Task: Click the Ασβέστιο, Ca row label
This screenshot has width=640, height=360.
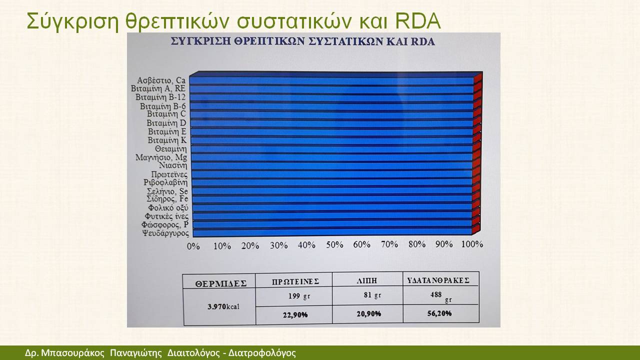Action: click(161, 80)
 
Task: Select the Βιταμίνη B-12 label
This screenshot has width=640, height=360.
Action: click(160, 97)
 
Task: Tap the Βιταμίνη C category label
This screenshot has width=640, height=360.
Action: click(166, 114)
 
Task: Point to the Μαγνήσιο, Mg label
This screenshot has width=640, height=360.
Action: click(161, 157)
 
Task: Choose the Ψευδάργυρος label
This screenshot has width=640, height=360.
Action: click(165, 233)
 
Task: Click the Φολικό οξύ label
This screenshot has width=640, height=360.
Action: click(168, 207)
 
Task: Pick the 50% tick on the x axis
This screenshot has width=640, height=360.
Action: click(334, 244)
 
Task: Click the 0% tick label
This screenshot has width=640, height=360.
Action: click(193, 246)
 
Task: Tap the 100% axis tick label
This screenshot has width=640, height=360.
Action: click(472, 244)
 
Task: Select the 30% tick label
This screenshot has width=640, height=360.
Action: click(279, 245)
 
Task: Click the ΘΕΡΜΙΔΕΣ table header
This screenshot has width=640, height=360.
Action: click(221, 283)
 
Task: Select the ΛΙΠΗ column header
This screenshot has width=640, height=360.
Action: click(367, 281)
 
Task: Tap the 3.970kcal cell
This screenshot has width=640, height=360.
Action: click(223, 307)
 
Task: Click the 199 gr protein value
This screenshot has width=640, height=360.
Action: click(299, 296)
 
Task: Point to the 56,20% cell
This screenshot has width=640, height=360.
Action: click(439, 313)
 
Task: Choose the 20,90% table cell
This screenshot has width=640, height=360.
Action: click(368, 313)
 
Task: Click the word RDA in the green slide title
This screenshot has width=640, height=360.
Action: click(418, 21)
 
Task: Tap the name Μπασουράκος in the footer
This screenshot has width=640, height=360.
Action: click(73, 353)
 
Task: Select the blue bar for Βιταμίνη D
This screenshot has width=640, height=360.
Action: click(331, 123)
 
